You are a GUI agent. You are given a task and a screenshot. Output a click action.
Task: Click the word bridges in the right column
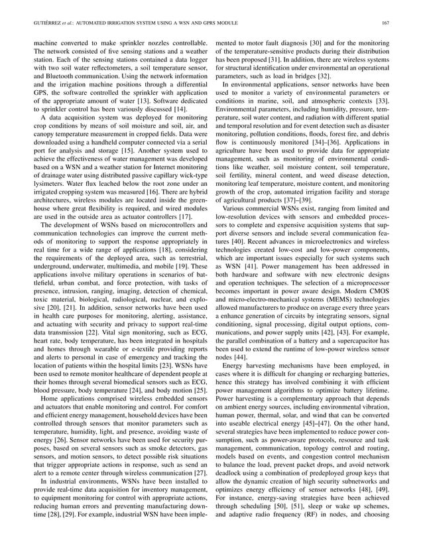(x=320, y=78)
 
